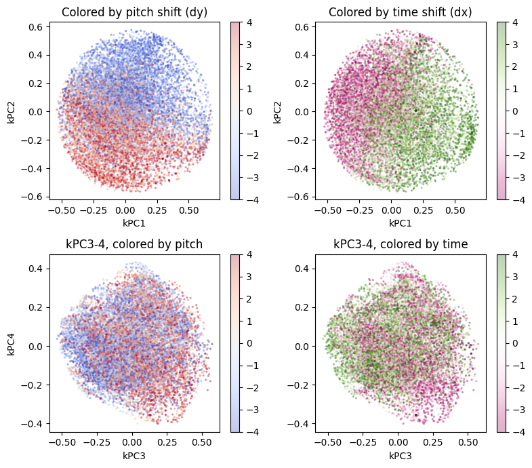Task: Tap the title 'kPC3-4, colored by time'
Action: tap(400, 245)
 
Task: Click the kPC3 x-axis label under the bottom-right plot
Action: tap(400, 455)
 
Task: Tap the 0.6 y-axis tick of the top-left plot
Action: tap(36, 27)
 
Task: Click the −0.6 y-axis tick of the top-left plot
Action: tap(33, 197)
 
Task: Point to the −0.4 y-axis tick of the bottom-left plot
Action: tap(33, 423)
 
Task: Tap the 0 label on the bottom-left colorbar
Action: tap(247, 344)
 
